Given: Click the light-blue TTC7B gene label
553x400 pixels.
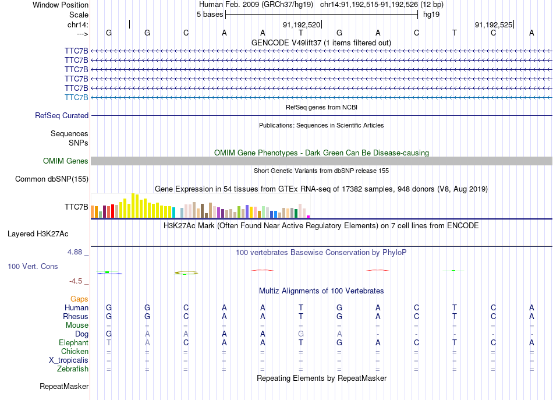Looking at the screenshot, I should (76, 97).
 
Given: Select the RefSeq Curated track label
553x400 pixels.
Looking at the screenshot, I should (62, 116).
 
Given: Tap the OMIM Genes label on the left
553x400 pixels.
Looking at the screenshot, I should (66, 161).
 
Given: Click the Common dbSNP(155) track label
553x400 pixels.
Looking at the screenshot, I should (51, 179).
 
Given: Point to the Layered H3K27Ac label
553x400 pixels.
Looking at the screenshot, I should (38, 234).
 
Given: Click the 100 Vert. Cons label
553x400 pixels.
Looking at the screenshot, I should (33, 266).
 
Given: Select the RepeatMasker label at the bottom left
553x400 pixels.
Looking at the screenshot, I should (64, 386).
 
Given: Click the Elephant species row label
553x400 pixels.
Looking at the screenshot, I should (73, 343).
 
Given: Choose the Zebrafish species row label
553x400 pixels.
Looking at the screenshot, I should (73, 369).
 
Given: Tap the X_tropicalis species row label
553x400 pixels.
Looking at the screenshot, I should (69, 360).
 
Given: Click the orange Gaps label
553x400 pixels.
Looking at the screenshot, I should (79, 299).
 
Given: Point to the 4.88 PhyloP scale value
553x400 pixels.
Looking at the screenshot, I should (76, 252).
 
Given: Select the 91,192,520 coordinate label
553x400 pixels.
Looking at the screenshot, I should (302, 25).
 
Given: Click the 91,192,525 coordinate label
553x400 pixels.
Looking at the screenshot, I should (494, 25).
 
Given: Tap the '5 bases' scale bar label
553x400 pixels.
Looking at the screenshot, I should (210, 15).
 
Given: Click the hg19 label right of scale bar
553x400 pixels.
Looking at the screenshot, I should (431, 15).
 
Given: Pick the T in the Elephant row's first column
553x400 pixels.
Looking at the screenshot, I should (109, 343).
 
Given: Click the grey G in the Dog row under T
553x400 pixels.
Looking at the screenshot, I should (301, 334).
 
